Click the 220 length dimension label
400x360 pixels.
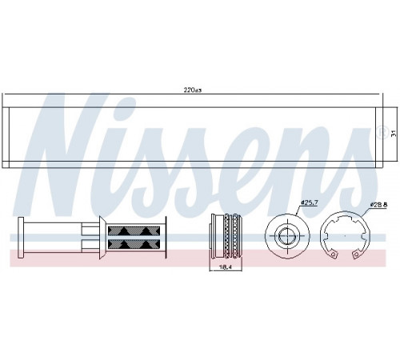192,90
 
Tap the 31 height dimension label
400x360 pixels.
393,134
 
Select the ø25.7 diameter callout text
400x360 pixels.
309,203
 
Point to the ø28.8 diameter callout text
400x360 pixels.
378,205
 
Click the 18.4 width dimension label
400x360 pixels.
226,267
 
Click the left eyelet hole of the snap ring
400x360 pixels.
333,254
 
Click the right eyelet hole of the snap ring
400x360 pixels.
355,255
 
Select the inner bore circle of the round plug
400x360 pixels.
287,235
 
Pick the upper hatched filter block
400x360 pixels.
134,230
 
